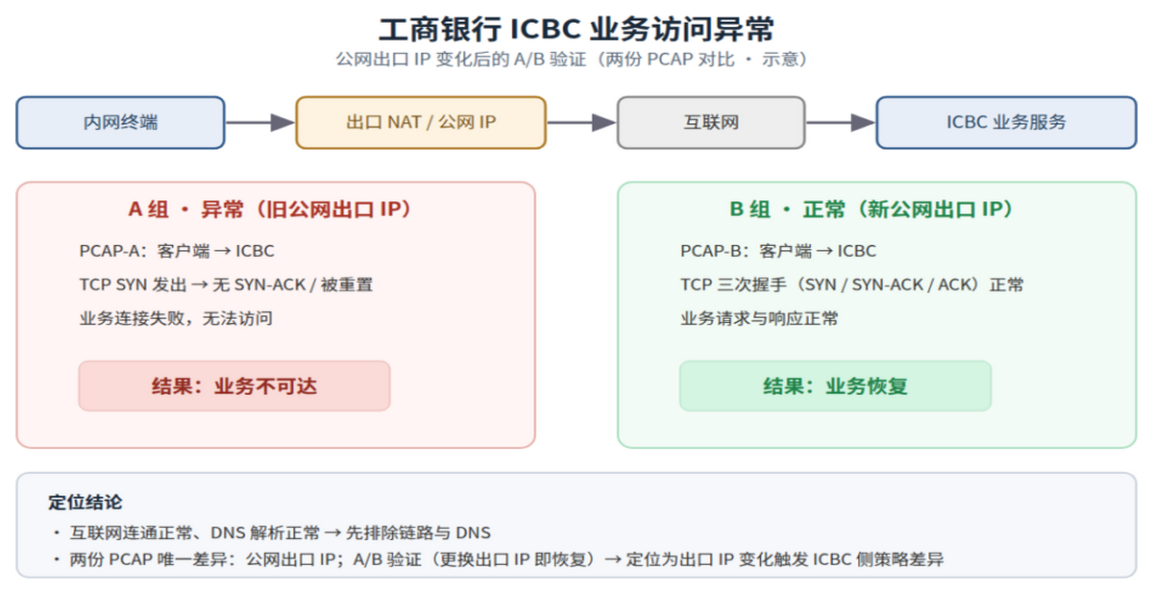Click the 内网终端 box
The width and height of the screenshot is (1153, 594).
[120, 122]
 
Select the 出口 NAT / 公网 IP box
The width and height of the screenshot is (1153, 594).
[421, 122]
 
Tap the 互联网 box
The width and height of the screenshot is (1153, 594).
[711, 122]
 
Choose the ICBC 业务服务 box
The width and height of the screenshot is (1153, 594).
[1006, 122]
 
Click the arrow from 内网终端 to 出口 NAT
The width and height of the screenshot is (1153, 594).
[260, 122]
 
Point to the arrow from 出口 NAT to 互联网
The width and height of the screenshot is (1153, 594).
[581, 122]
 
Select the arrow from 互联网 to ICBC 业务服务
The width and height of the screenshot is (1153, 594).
[841, 122]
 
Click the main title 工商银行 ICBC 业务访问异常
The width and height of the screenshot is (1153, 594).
[576, 30]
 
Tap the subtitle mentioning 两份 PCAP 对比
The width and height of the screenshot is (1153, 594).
[572, 60]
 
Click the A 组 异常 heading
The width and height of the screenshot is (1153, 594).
[270, 210]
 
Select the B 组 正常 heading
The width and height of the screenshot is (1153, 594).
[871, 210]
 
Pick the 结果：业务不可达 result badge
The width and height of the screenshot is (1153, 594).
[234, 386]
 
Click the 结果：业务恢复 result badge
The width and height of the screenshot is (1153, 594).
[835, 386]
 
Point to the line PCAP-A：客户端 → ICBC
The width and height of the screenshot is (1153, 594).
[177, 251]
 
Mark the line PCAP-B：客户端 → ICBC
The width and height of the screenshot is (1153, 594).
[777, 251]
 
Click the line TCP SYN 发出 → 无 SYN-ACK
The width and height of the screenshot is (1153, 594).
[226, 285]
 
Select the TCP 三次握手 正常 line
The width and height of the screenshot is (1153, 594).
[852, 285]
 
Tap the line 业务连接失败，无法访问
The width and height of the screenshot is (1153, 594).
[176, 318]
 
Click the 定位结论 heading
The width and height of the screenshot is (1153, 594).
[85, 503]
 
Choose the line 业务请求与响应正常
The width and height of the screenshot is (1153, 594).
[759, 318]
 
